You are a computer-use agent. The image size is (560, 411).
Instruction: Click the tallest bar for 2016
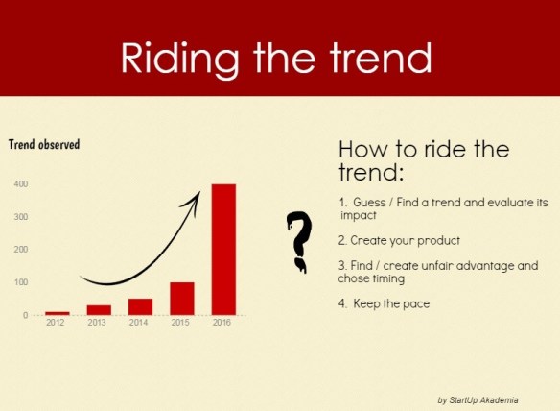point(223,249)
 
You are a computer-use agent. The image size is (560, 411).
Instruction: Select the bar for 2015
point(182,298)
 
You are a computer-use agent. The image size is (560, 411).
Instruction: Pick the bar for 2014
point(141,306)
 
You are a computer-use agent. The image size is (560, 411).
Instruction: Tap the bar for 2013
point(99,309)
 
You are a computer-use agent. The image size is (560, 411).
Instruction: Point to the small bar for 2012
point(58,312)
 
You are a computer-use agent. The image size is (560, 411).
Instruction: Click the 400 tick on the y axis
point(20,183)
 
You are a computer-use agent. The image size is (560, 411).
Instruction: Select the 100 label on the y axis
point(20,282)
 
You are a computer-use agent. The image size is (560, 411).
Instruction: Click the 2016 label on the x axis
point(223,323)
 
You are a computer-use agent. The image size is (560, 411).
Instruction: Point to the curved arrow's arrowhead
point(196,197)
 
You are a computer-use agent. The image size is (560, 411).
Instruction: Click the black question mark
point(300,239)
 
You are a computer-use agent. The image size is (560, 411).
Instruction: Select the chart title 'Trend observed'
point(44,145)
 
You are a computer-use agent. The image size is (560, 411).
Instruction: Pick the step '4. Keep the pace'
point(384,304)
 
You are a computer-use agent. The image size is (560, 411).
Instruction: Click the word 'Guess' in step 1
point(369,203)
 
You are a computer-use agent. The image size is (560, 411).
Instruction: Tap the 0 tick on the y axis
point(25,315)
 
